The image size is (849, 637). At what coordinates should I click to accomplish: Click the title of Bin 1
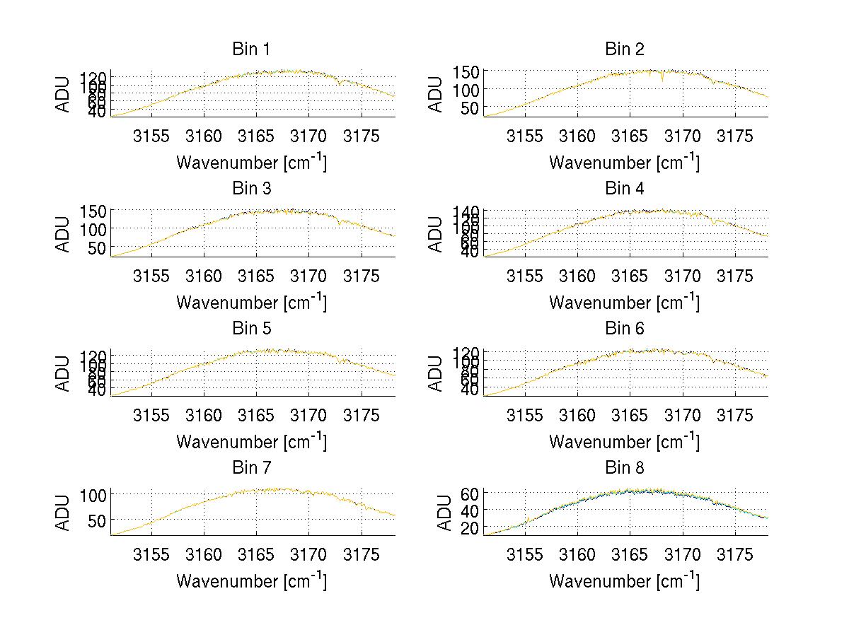pos(251,49)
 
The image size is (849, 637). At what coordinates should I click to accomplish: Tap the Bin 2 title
pos(625,49)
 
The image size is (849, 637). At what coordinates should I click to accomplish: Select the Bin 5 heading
pos(251,329)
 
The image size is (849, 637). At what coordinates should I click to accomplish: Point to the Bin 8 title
pos(625,468)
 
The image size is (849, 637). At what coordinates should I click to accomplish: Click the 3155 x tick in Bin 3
pos(151,275)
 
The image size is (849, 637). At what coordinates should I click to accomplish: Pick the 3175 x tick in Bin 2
pos(735,136)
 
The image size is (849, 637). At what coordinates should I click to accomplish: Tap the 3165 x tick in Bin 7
pos(256,554)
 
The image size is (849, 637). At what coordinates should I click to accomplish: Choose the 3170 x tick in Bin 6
pos(682,415)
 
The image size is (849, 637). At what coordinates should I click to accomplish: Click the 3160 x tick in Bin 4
pos(577,275)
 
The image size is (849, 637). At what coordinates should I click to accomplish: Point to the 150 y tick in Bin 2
pos(471,71)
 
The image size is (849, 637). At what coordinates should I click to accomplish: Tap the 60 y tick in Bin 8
pos(471,493)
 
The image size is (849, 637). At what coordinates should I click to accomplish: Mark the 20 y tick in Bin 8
pos(471,528)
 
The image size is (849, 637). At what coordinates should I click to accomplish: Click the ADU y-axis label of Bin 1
pos(64,93)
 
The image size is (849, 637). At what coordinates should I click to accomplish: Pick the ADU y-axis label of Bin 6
pos(437,373)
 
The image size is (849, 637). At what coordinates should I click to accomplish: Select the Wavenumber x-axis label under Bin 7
pos(251,581)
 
